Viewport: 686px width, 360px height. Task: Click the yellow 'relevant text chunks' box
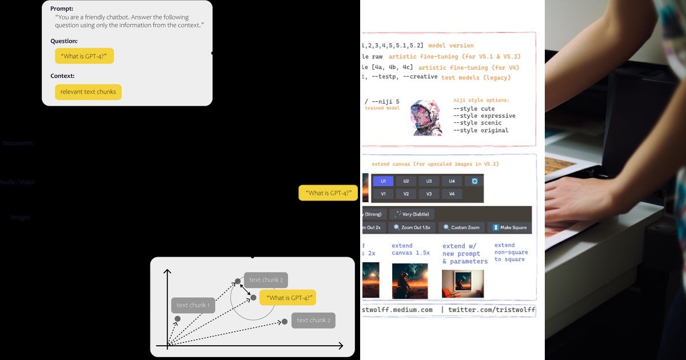point(88,92)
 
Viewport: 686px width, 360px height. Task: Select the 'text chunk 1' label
point(193,305)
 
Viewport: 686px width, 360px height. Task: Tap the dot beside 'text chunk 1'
point(178,319)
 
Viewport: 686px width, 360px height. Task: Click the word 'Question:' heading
point(64,41)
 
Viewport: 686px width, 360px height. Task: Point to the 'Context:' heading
point(62,76)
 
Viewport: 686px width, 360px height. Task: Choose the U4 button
point(452,181)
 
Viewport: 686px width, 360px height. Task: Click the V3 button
point(429,194)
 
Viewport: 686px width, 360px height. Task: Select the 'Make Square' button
point(509,227)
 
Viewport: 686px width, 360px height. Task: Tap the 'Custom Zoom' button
point(462,227)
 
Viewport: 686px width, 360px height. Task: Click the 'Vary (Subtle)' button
point(412,214)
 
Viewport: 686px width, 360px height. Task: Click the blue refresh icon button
point(474,181)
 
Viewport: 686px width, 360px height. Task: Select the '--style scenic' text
point(477,123)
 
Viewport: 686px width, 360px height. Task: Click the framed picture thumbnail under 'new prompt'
point(462,283)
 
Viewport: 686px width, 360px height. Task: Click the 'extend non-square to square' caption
point(511,252)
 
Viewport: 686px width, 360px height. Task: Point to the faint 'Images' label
point(21,218)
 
